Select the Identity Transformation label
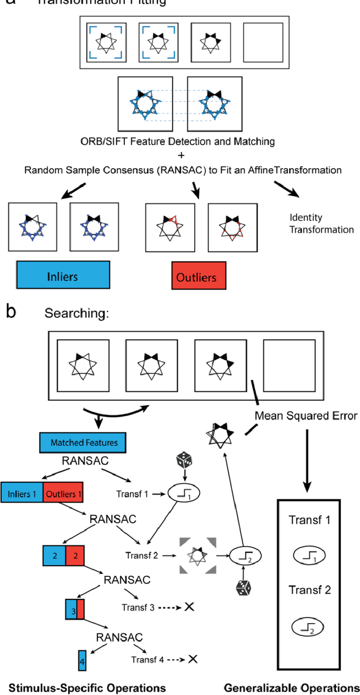pos(321,223)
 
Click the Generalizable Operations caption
pos(291,687)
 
